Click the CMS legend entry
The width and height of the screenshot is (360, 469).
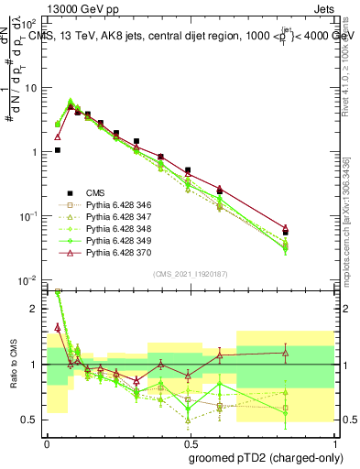point(96,192)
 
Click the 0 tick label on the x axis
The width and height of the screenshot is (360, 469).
point(46,442)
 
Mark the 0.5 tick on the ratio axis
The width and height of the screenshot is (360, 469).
point(31,420)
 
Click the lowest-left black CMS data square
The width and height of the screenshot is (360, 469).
point(58,150)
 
